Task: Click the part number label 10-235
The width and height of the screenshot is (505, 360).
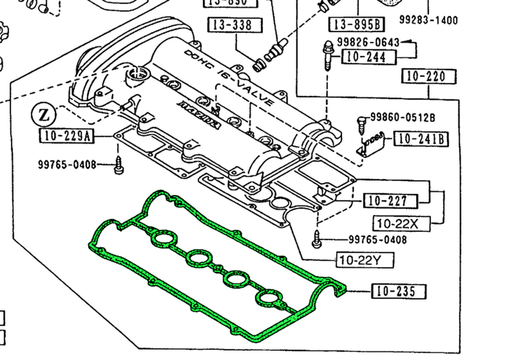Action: tap(398, 291)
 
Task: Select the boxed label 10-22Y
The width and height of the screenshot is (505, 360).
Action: tap(365, 260)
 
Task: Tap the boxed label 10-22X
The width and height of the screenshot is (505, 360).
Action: tap(402, 223)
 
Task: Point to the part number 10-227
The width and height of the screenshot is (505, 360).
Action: tap(390, 201)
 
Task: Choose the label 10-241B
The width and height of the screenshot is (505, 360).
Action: tap(421, 139)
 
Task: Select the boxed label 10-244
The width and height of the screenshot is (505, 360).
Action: tap(369, 57)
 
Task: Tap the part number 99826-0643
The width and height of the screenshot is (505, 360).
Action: tap(368, 42)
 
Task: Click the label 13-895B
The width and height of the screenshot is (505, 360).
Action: tap(356, 24)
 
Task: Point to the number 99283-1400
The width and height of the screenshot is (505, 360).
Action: tap(428, 20)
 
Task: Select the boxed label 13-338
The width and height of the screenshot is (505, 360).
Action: tap(235, 25)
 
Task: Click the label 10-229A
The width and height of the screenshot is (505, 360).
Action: tap(66, 136)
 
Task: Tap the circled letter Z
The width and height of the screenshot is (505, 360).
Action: tap(44, 115)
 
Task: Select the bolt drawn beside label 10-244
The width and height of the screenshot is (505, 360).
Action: tap(328, 56)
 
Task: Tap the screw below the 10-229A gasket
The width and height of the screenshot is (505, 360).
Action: tap(118, 165)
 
